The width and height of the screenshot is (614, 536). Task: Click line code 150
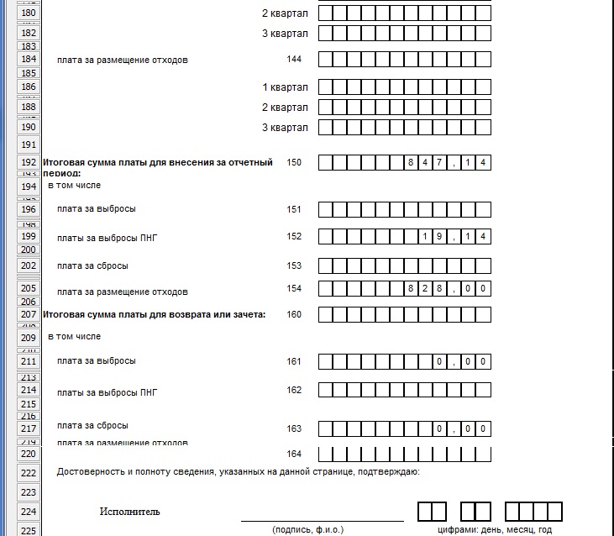click(x=293, y=162)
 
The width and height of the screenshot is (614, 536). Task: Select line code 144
click(x=293, y=60)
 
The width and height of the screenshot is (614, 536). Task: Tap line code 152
click(x=293, y=237)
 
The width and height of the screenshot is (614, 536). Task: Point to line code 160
click(x=293, y=314)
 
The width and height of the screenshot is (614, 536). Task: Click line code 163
click(x=293, y=428)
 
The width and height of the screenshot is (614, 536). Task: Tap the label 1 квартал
click(x=285, y=87)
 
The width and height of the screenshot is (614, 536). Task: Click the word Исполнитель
click(x=129, y=512)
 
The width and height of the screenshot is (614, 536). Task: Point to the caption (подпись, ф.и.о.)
click(x=307, y=530)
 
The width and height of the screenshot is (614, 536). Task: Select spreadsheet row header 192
click(x=29, y=162)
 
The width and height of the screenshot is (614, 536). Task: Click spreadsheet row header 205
click(x=29, y=287)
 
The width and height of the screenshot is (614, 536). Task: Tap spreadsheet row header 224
click(x=29, y=511)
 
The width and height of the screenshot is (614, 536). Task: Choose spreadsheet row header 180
click(x=29, y=13)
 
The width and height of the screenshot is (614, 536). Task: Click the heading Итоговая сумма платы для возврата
click(x=154, y=314)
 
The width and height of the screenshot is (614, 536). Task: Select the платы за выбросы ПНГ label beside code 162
click(x=108, y=392)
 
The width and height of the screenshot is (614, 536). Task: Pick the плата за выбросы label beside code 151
click(x=96, y=209)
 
